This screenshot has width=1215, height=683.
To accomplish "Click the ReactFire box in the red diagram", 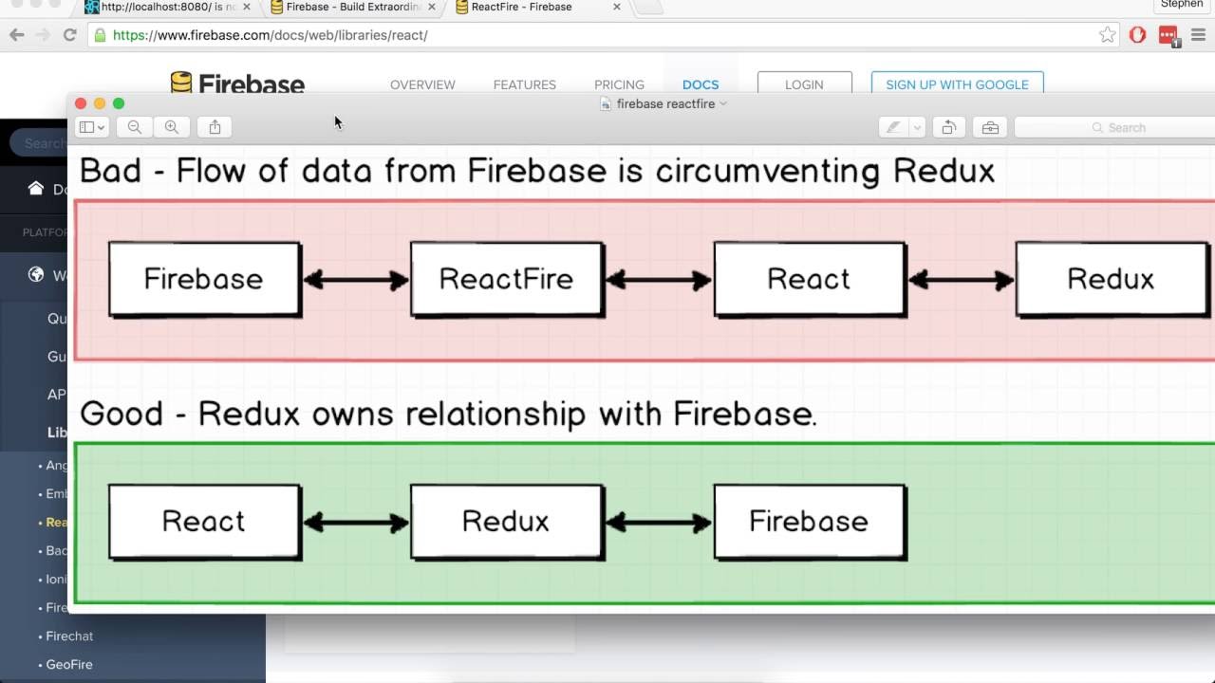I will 507,279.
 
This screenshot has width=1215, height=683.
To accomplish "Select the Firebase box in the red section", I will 204,279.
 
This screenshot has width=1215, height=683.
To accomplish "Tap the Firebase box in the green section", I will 809,522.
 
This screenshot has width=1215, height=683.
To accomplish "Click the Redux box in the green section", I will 507,522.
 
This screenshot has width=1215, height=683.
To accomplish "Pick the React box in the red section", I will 809,279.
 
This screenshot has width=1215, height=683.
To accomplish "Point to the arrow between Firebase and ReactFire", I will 356,280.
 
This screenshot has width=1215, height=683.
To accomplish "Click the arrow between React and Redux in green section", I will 356,522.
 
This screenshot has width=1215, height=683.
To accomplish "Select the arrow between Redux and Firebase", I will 659,522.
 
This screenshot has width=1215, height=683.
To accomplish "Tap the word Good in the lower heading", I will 121,414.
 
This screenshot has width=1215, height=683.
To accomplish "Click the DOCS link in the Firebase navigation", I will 701,84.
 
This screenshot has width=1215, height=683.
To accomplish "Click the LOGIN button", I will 804,84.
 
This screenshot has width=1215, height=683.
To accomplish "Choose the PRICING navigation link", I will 619,84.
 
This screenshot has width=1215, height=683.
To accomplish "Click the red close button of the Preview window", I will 81,103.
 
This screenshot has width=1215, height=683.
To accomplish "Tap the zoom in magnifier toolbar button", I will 172,127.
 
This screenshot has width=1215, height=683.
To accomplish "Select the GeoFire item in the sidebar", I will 69,664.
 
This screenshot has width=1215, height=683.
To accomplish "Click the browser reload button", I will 69,35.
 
